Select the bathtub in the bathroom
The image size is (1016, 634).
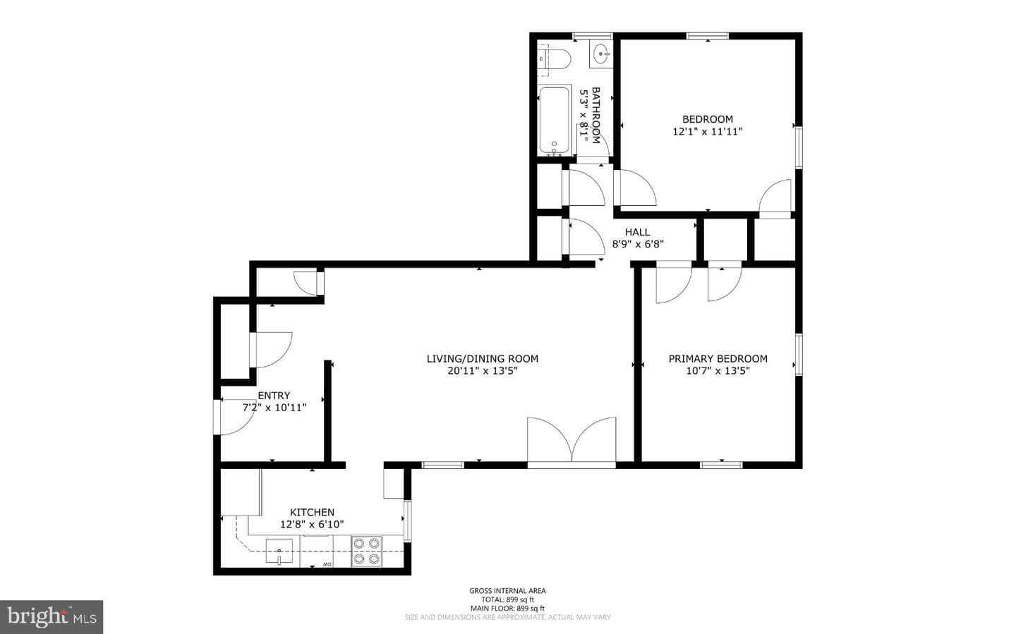pyautogui.click(x=555, y=120)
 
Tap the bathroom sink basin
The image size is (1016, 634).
pyautogui.click(x=601, y=54)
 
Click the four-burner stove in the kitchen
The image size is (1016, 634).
pyautogui.click(x=366, y=551)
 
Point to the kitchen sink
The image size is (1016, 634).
pyautogui.click(x=279, y=551)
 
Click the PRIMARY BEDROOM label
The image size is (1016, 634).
pyautogui.click(x=718, y=359)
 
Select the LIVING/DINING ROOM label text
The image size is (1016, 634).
pyautogui.click(x=483, y=359)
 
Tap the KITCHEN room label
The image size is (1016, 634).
pyautogui.click(x=312, y=513)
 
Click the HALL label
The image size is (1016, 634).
pyautogui.click(x=638, y=232)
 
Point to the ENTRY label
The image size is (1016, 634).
pyautogui.click(x=274, y=396)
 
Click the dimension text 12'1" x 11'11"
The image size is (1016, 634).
pyautogui.click(x=708, y=131)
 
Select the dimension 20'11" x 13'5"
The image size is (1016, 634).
pyautogui.click(x=483, y=371)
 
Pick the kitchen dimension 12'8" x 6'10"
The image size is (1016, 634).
pyautogui.click(x=312, y=525)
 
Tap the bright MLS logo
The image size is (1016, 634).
pyautogui.click(x=52, y=617)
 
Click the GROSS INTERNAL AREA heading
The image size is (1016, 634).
pyautogui.click(x=507, y=591)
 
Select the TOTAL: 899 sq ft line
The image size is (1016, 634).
pyautogui.click(x=507, y=599)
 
